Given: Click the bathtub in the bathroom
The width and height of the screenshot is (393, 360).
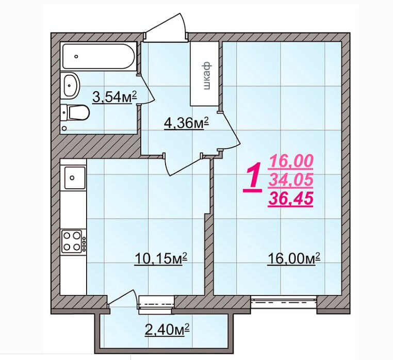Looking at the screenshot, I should point(97,56).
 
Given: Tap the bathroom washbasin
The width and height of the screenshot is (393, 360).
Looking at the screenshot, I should point(71,85).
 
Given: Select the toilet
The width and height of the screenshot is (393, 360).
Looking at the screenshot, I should point(75,112).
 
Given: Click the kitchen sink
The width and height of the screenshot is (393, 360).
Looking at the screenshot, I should point(73,177).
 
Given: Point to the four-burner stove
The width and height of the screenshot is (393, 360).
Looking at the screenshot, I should point(73,241).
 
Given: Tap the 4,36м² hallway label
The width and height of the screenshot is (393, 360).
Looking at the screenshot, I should point(186,123).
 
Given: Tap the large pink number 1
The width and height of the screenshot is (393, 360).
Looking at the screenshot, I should point(252,179).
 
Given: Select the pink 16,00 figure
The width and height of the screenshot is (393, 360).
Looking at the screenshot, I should point(292,161).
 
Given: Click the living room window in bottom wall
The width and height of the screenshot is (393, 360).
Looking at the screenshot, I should point(284,300).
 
